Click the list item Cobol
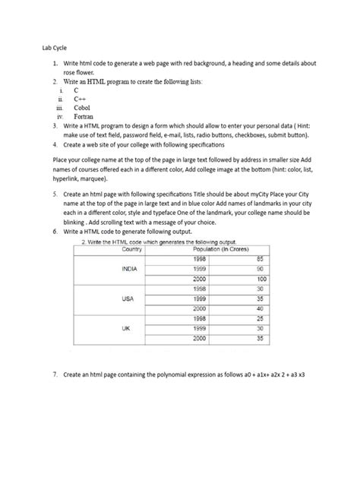point(83,108)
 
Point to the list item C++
point(80,99)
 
